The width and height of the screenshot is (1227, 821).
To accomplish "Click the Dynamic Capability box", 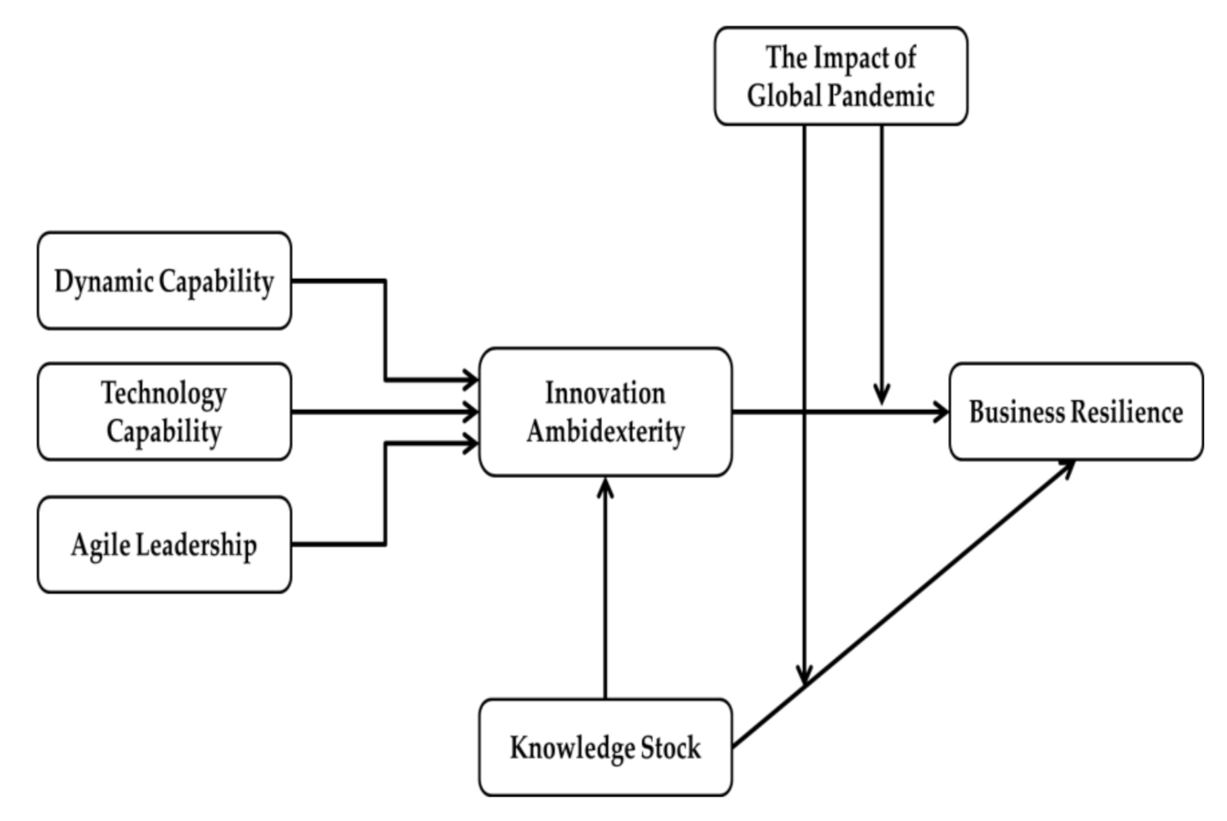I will click(164, 281).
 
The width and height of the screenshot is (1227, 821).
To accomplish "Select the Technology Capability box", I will click(164, 412).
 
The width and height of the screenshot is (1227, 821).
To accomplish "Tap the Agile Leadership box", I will click(164, 544).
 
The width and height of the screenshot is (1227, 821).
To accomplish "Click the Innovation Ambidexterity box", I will click(605, 412).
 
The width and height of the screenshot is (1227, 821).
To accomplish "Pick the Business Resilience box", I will click(1076, 412).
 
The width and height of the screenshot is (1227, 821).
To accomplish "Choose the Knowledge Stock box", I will click(605, 747).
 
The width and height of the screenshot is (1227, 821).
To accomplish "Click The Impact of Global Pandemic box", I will click(841, 76).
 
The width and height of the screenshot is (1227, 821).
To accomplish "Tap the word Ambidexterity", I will click(605, 431).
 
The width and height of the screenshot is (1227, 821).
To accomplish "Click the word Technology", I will click(164, 393).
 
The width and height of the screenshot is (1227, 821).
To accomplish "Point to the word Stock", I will click(670, 747).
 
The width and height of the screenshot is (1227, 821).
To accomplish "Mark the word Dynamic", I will click(104, 281).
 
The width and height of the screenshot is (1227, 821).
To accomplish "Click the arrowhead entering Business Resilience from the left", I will click(941, 412).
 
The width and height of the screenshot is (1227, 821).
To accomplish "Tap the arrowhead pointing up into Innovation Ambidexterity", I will click(605, 488).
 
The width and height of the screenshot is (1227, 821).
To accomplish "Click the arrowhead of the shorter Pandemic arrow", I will click(882, 395).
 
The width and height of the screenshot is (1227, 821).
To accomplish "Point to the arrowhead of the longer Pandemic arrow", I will click(805, 674).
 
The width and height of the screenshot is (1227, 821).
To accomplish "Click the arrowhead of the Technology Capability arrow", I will click(470, 412).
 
